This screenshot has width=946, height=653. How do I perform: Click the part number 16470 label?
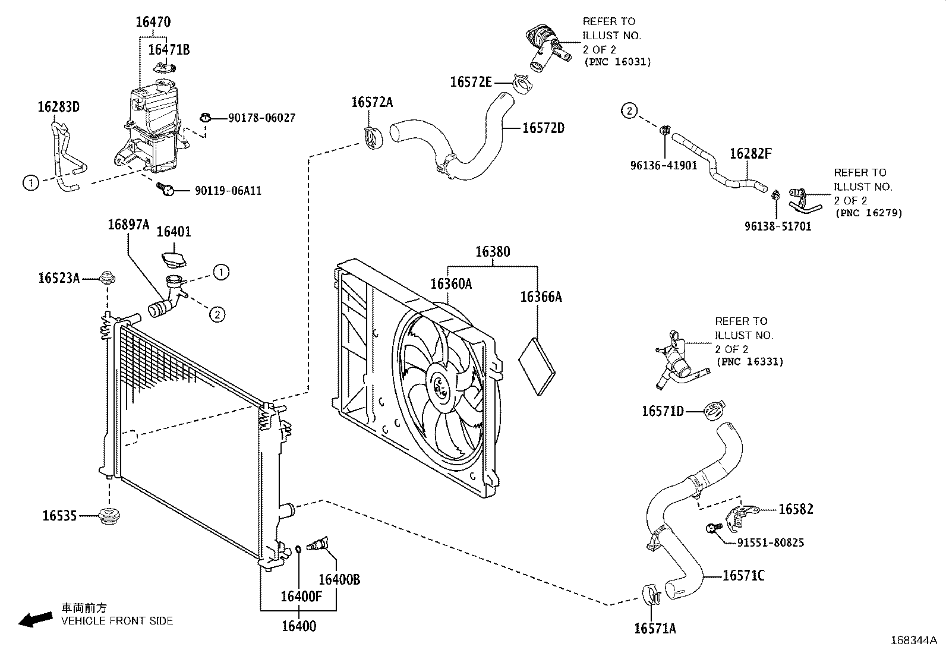[153, 22]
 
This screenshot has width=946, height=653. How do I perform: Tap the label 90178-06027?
[261, 118]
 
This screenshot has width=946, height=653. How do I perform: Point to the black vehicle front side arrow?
[36, 620]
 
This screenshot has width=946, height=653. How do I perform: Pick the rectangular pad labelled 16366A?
[537, 366]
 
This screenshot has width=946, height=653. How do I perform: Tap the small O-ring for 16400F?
[298, 549]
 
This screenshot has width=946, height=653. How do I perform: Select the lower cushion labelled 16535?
[109, 516]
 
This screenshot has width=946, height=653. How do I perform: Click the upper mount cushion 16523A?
[107, 278]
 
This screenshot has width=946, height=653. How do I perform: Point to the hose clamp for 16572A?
[373, 138]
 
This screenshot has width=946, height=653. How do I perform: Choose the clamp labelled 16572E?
[522, 84]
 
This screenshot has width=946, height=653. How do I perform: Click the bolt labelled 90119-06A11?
[165, 189]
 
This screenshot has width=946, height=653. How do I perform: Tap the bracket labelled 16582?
[740, 518]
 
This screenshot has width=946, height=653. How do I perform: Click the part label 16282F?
[751, 153]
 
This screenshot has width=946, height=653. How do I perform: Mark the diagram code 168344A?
[913, 641]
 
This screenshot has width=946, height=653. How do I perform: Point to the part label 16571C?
[743, 575]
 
